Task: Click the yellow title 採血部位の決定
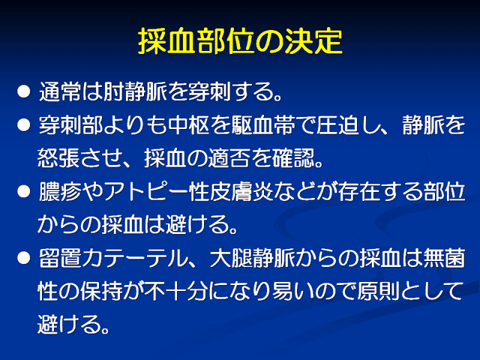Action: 240,41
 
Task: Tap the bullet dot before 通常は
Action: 24,91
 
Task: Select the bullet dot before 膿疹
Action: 24,191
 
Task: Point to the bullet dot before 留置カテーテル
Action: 24,258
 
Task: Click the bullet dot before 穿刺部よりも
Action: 24,124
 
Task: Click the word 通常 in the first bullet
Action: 60,91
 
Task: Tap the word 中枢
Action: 188,125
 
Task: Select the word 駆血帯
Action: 263,125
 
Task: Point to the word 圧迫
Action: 337,125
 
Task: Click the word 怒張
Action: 58,158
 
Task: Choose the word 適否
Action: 229,158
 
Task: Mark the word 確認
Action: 293,158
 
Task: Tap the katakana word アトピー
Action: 146,192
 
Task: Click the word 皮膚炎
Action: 241,192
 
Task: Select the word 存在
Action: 359,192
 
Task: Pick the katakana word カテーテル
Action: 135,258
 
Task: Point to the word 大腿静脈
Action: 252,258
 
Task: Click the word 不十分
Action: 176,291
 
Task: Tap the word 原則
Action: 378,291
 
